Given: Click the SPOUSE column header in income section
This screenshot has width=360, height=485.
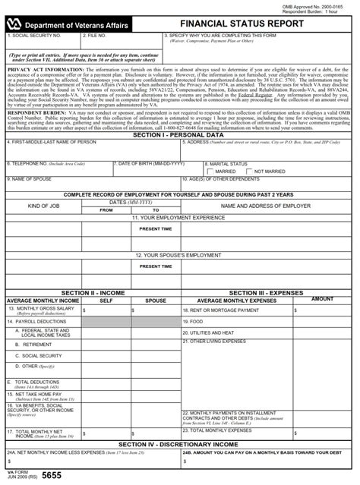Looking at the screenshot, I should [x=155, y=301].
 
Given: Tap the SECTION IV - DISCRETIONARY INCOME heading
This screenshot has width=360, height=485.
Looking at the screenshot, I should [x=178, y=443].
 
